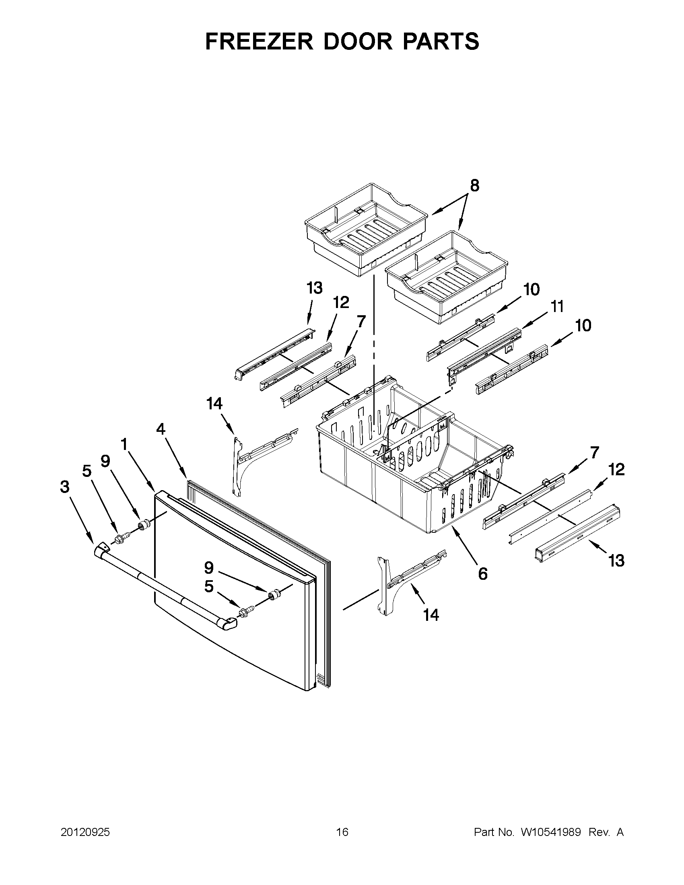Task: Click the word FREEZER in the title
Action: click(259, 41)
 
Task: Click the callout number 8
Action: click(474, 186)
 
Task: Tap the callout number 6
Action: click(482, 574)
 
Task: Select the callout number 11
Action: click(558, 307)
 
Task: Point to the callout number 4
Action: click(161, 429)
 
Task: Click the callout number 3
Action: click(65, 487)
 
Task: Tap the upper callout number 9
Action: click(105, 462)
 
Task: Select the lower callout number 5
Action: click(208, 586)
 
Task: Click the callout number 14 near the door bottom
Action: click(431, 615)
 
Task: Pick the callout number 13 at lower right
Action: click(616, 561)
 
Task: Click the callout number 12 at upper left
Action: click(341, 302)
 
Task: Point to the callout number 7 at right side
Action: click(594, 452)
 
